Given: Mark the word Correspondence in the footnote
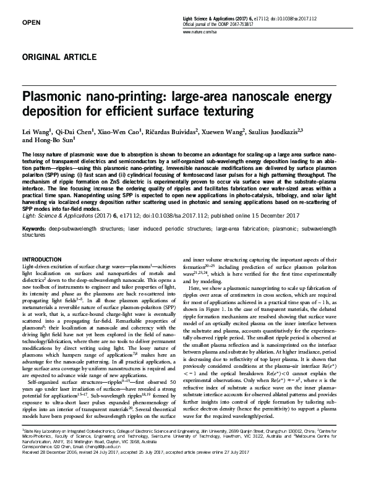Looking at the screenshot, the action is [38, 448].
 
